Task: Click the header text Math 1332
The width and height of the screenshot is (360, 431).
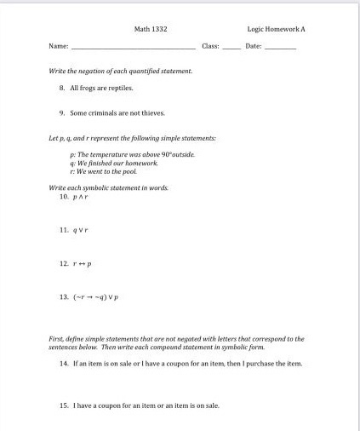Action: tap(151, 29)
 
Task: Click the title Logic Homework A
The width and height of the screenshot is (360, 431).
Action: tap(276, 29)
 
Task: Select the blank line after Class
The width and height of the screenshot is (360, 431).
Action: tap(231, 46)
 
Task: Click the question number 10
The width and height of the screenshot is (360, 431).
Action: tap(63, 196)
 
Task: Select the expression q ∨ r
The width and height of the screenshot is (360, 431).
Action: tap(82, 230)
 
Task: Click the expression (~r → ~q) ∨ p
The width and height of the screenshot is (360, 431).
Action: tap(97, 299)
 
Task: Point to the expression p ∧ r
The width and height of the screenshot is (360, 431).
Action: tap(81, 196)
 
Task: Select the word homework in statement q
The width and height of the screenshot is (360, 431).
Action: tap(141, 163)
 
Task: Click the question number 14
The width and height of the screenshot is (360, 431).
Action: tap(63, 364)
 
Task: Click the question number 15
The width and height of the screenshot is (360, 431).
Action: tap(63, 405)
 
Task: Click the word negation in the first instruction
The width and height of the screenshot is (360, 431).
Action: tap(90, 71)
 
